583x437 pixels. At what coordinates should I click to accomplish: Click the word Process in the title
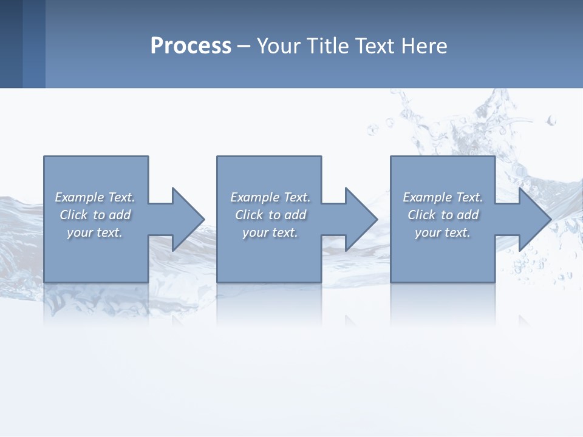coord(191,46)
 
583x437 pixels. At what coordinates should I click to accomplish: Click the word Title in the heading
coord(329,46)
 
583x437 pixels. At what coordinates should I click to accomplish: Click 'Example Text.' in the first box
coord(95,197)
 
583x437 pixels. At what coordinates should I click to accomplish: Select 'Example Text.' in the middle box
coord(270,197)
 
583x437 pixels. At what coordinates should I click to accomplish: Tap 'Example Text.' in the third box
coord(443,197)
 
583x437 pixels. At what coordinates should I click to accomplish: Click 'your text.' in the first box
coord(95,232)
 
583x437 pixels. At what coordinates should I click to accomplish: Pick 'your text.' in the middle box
coord(270,232)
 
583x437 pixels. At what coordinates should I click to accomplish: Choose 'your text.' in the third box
coord(443,232)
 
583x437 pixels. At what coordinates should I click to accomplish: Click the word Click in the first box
coord(73,215)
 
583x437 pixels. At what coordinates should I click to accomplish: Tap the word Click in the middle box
coord(249,215)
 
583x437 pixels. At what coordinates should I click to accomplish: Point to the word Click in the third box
coord(421,215)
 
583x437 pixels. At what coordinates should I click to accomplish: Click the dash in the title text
coord(244,47)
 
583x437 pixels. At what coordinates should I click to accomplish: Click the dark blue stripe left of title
coord(11,44)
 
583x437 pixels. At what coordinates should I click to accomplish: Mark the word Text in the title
coord(374,46)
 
